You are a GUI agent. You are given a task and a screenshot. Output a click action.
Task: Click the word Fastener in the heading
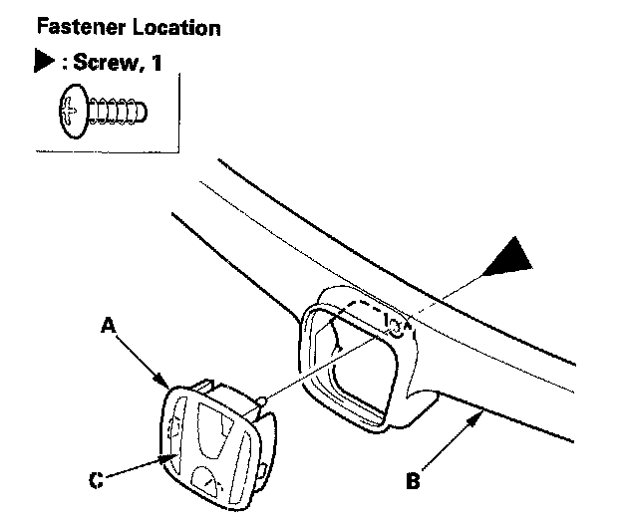(x=78, y=27)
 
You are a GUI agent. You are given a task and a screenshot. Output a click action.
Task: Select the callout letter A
(x=109, y=324)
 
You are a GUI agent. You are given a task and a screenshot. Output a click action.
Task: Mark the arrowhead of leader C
(x=170, y=456)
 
